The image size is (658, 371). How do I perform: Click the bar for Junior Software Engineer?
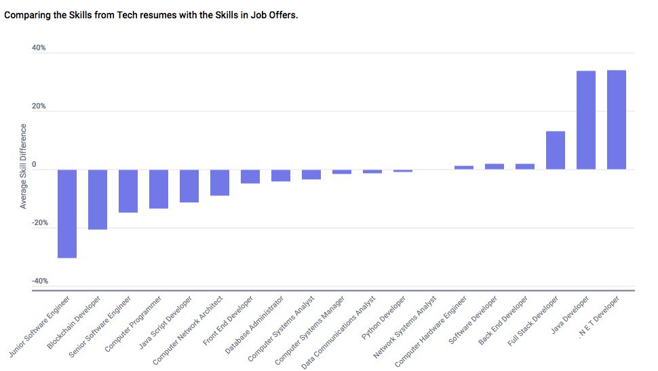coord(67,214)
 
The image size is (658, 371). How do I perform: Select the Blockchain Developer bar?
coord(98,199)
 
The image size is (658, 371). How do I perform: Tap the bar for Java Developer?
coord(585,120)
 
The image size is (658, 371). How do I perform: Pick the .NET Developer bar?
coord(616,119)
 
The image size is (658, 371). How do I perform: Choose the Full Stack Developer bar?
coord(555,150)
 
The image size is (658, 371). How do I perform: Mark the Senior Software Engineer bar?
coord(128,191)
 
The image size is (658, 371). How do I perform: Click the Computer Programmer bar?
coord(159,189)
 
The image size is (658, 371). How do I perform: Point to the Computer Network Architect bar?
coord(220,182)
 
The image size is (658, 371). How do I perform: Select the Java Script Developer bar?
coord(189,186)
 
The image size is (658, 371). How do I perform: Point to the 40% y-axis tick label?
coord(39,48)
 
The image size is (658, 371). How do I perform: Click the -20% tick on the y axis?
coord(39,222)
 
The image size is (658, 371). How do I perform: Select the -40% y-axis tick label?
coord(39,281)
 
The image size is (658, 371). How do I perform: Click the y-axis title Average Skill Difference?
coord(24,165)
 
